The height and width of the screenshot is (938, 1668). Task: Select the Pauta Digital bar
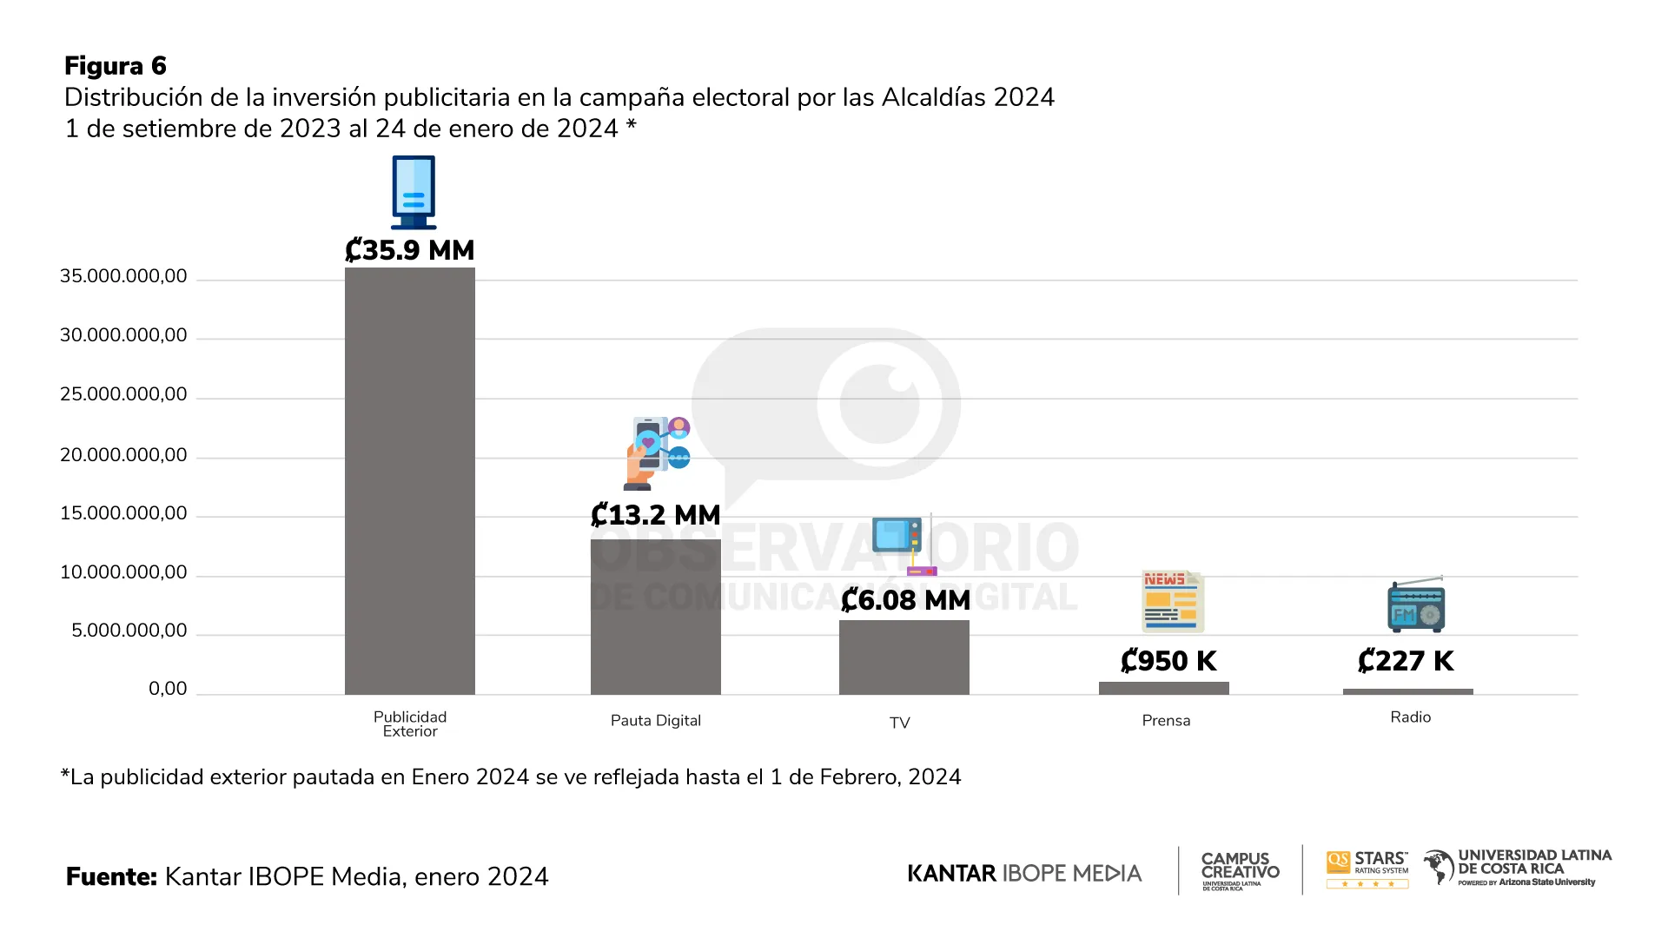pyautogui.click(x=655, y=617)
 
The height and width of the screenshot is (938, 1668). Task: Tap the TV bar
pyautogui.click(x=903, y=657)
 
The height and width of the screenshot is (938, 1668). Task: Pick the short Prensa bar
pyautogui.click(x=1163, y=688)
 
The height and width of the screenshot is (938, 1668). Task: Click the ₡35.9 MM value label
pyautogui.click(x=409, y=250)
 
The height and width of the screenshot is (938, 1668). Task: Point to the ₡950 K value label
pyautogui.click(x=1168, y=661)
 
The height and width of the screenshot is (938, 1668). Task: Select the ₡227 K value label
pyautogui.click(x=1406, y=661)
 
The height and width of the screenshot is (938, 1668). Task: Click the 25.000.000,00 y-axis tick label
pyautogui.click(x=123, y=394)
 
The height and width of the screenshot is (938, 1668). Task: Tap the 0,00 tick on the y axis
pyautogui.click(x=168, y=689)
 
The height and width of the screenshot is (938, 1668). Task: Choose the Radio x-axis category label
pyautogui.click(x=1410, y=717)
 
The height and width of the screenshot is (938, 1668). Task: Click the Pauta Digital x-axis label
pyautogui.click(x=655, y=721)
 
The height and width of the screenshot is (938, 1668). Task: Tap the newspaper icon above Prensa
pyautogui.click(x=1172, y=601)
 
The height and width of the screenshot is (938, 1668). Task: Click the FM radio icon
pyautogui.click(x=1416, y=604)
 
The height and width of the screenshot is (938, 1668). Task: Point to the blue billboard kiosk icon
pyautogui.click(x=414, y=192)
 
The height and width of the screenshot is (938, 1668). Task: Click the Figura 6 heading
pyautogui.click(x=115, y=66)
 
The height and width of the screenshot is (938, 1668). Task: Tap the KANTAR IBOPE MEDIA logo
pyautogui.click(x=1024, y=873)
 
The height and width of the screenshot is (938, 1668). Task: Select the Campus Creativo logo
pyautogui.click(x=1240, y=869)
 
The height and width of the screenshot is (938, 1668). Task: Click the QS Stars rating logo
pyautogui.click(x=1367, y=869)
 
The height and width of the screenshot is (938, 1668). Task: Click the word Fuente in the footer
pyautogui.click(x=111, y=876)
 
